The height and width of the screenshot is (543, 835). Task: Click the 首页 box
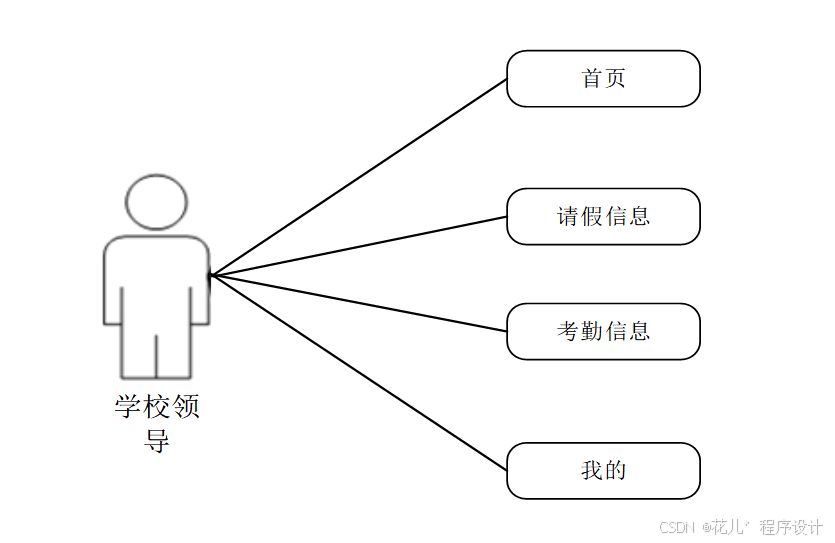click(x=603, y=78)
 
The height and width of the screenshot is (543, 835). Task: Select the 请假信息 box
click(x=603, y=216)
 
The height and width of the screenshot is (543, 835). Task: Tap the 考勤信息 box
click(x=603, y=331)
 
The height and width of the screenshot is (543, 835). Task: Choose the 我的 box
click(x=603, y=470)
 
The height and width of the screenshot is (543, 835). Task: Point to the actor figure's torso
click(x=156, y=280)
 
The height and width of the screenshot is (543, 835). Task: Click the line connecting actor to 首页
click(x=358, y=177)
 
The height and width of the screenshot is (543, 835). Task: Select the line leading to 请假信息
click(x=358, y=246)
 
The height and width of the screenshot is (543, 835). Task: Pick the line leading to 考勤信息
click(x=358, y=303)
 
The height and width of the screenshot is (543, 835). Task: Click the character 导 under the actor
click(x=157, y=440)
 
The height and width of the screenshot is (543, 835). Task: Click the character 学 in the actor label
click(x=127, y=408)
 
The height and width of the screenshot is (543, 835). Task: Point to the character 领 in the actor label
click(x=187, y=408)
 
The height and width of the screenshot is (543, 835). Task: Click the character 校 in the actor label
click(x=157, y=408)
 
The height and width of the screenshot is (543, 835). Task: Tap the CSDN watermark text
click(x=677, y=527)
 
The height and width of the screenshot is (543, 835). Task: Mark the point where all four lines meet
click(x=211, y=275)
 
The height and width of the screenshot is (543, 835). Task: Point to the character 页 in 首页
click(x=615, y=78)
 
